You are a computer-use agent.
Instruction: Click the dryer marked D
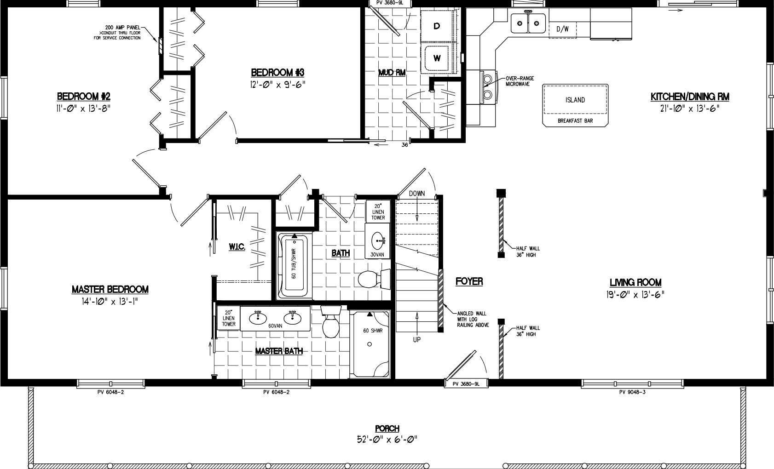point(437,26)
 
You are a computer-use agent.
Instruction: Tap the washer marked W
point(437,58)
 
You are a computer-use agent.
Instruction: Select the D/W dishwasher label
point(562,29)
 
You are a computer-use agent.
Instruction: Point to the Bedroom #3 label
point(277,73)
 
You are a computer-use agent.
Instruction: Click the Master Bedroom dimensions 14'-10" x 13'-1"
point(110,301)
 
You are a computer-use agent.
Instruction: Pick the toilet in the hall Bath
point(372,279)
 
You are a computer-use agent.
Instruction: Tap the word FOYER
point(469,281)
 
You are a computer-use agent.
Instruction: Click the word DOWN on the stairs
point(417,194)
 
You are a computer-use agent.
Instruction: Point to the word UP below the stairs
point(417,340)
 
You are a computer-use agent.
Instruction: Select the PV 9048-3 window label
point(632,392)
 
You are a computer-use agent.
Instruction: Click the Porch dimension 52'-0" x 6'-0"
point(387,439)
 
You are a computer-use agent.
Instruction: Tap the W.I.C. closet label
point(237,247)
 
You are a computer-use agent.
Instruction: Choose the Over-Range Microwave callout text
point(519,81)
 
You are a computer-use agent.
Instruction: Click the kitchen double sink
point(528,23)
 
